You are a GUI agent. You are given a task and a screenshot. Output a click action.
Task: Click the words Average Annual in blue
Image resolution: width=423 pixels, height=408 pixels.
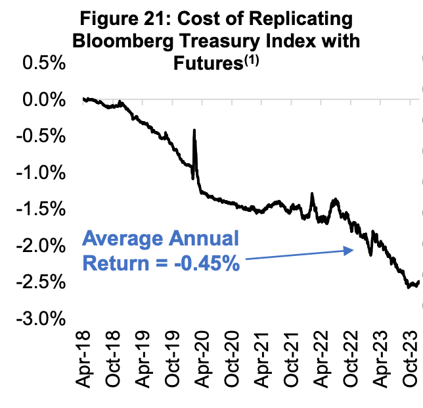tap(160, 240)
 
